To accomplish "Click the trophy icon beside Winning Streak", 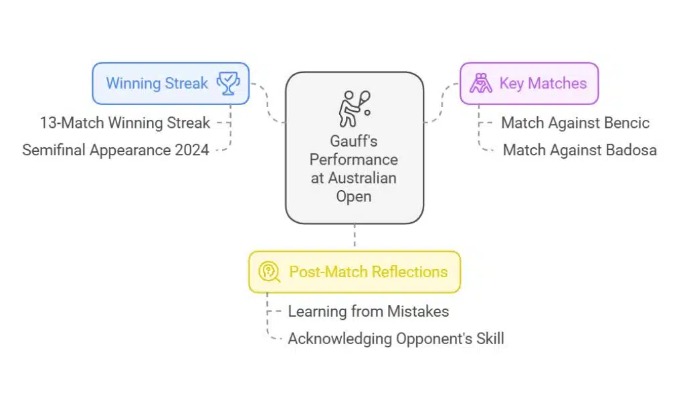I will [227, 84].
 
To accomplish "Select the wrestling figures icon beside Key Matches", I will [480, 84].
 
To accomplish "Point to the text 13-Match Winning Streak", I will [124, 123].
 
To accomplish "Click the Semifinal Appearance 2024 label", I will [116, 150].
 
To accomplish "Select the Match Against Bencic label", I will [575, 123].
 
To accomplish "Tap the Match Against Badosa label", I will [579, 150].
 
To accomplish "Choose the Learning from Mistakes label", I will [368, 311].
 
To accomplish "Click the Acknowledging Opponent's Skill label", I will [396, 339].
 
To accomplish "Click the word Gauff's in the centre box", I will [354, 142].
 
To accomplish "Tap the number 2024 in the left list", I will [191, 150].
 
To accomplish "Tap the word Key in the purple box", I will [511, 84].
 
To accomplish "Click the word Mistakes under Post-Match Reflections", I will [419, 311].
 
